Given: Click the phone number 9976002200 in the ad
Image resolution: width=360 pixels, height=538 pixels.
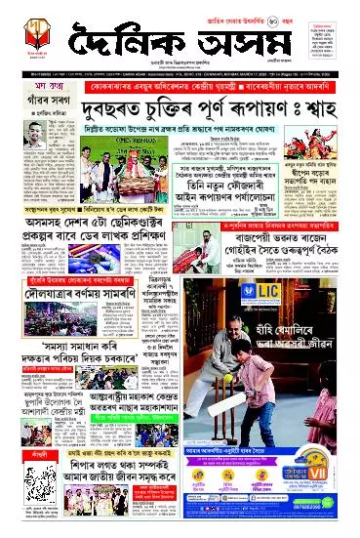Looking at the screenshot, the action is click(331, 528).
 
